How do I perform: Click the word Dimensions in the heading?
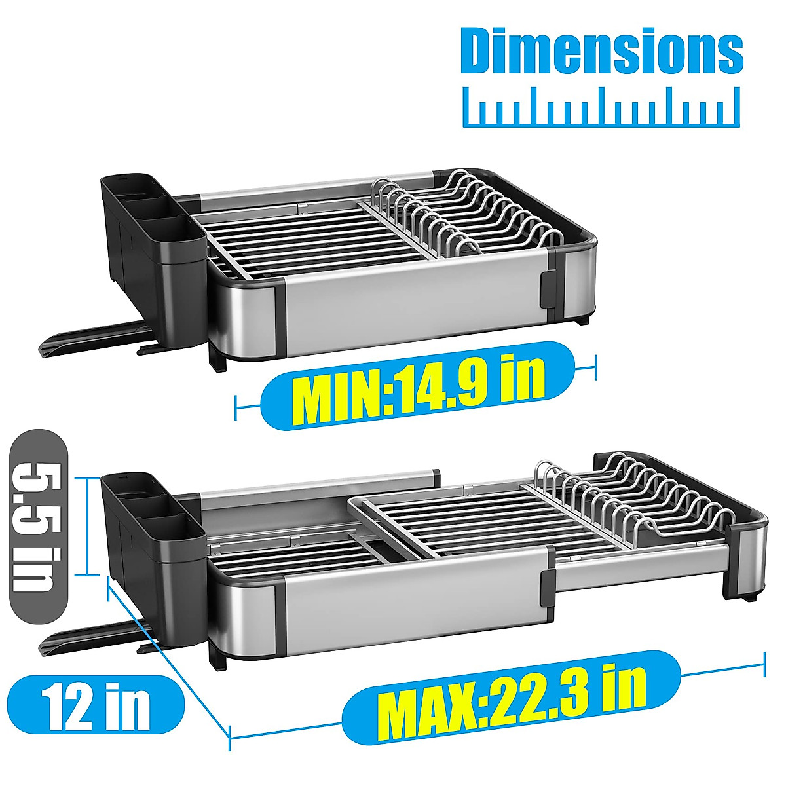click(x=602, y=50)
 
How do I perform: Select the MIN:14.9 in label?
click(x=417, y=386)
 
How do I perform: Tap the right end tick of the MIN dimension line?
click(x=595, y=367)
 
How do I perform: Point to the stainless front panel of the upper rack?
click(x=413, y=305)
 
